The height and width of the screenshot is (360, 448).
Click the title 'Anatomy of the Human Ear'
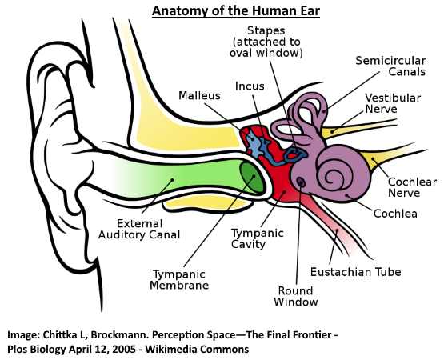[236, 11]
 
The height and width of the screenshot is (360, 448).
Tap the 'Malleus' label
[199, 95]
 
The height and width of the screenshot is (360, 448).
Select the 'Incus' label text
[250, 86]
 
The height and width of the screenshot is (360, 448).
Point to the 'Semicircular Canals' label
[390, 66]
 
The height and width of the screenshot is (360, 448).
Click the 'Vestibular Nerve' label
[393, 103]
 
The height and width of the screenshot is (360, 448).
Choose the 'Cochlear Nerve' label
[412, 187]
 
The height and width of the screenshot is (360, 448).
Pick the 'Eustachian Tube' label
[356, 272]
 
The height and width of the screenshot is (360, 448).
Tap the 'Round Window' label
[296, 296]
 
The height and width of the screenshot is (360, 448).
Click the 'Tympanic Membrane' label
[179, 280]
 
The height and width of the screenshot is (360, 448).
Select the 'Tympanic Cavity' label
[257, 238]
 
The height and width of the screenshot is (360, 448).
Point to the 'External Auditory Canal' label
[139, 229]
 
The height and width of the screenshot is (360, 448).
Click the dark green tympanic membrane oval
[251, 177]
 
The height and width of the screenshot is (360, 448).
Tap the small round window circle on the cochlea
[301, 181]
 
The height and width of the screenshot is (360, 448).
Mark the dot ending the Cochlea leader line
[346, 195]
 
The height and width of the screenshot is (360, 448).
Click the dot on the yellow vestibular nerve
[332, 132]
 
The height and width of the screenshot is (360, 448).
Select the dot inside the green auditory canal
[172, 180]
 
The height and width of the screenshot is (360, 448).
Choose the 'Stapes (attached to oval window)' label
[266, 42]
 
